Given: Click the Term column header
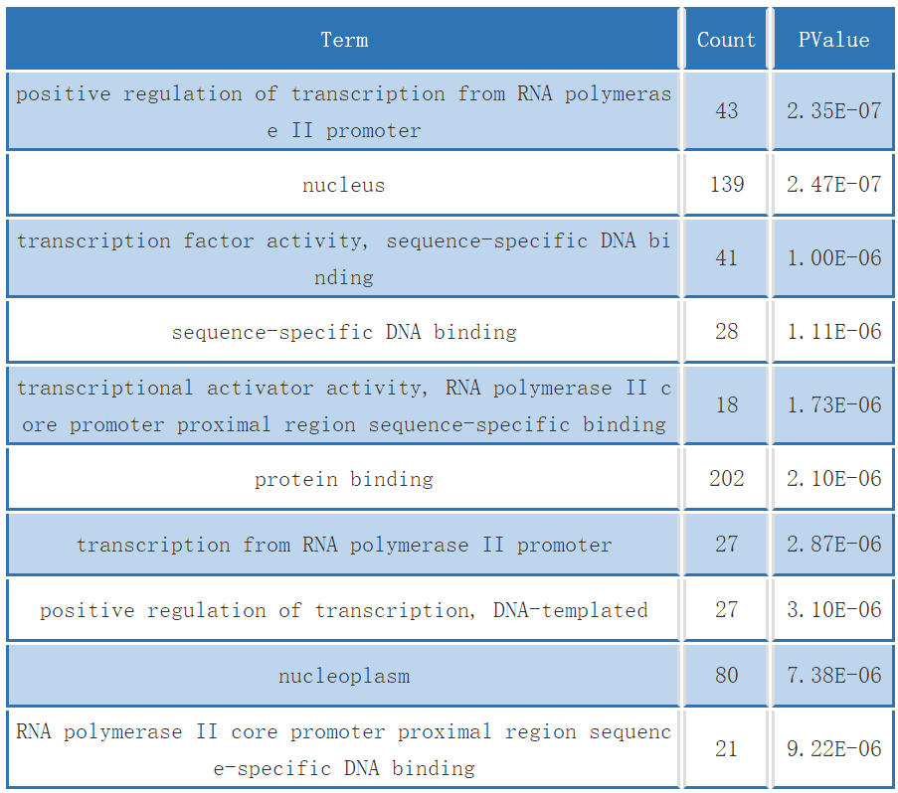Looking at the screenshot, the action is pos(344,40).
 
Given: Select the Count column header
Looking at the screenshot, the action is pos(726,40).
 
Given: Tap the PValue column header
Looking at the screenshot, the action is pos(833,40).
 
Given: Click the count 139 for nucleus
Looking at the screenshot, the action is pos(727,184).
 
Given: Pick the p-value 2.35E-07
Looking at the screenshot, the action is pos(833,111).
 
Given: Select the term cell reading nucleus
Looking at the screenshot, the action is pos(344,185).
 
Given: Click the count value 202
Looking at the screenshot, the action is pos(727,478).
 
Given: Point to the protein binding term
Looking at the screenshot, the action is pos(344,479).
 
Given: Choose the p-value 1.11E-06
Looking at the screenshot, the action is pos(833,332).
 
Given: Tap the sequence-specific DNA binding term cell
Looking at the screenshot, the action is pos(344,332).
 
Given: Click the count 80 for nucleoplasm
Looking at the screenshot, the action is pos(727,675).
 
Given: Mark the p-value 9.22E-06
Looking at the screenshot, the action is pos(833,748).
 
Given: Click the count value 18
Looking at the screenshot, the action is pos(727,405).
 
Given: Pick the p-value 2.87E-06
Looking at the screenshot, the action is pos(833,545).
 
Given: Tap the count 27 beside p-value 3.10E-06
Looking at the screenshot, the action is pos(727,609).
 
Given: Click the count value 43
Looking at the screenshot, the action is pos(727,111).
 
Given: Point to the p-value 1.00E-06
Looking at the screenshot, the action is pos(833,258).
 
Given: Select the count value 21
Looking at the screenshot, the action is pos(727,748).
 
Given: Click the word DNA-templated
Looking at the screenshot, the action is pos(571,610).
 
